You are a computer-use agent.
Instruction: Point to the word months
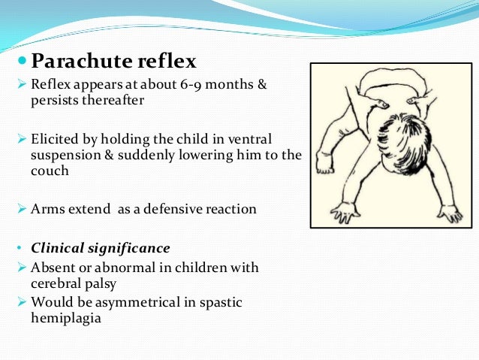(228, 84)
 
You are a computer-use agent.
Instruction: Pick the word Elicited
(57, 141)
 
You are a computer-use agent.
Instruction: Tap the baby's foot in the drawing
(324, 162)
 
